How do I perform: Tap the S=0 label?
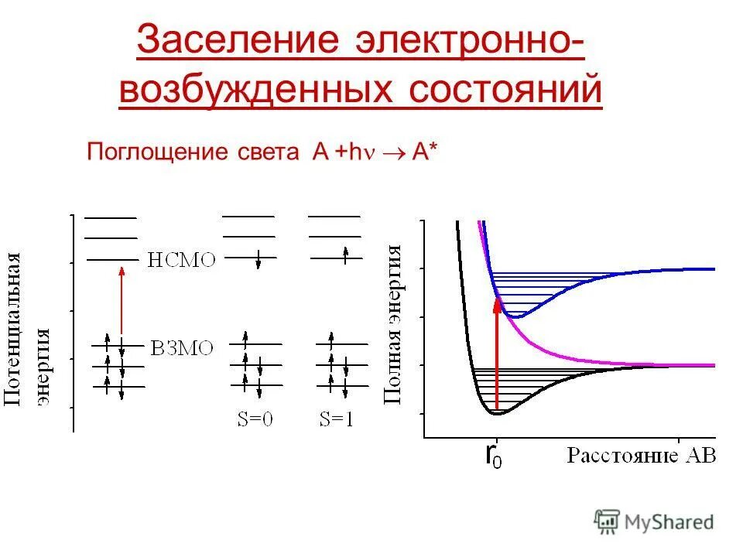(x=255, y=420)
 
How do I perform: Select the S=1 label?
(x=337, y=420)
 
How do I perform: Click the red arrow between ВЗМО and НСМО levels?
(x=121, y=302)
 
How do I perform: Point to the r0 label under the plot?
(x=493, y=456)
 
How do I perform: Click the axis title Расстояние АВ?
(x=642, y=455)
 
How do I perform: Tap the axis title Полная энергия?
(x=394, y=325)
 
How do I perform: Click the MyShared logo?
(x=654, y=522)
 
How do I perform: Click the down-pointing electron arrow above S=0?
(x=257, y=261)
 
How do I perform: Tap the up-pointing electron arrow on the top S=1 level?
(x=347, y=251)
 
